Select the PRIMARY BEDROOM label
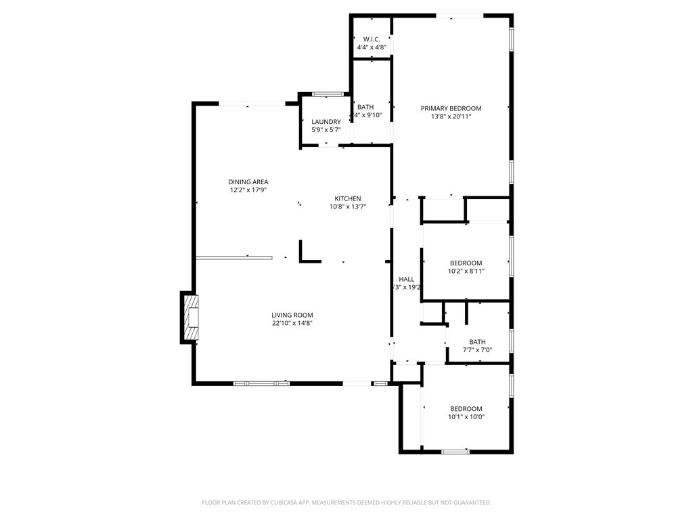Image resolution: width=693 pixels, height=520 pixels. pyautogui.click(x=451, y=108)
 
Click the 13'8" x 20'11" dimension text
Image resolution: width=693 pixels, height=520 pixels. pyautogui.click(x=451, y=116)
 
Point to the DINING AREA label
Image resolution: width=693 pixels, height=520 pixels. pyautogui.click(x=248, y=181)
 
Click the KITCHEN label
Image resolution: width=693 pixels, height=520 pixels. pyautogui.click(x=347, y=198)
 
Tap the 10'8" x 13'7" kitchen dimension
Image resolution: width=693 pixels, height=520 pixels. pyautogui.click(x=347, y=207)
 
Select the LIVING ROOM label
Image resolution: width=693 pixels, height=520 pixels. pyautogui.click(x=292, y=315)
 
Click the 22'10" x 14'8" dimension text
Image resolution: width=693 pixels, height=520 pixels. pyautogui.click(x=292, y=323)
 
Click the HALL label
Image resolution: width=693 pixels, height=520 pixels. pyautogui.click(x=406, y=279)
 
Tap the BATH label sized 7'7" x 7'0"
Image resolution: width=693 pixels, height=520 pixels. pyautogui.click(x=477, y=342)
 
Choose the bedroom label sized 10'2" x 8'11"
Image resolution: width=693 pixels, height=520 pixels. pyautogui.click(x=466, y=263)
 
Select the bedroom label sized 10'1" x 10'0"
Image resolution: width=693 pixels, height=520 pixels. pyautogui.click(x=466, y=408)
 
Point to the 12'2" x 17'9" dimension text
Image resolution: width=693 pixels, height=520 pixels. pyautogui.click(x=248, y=190)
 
